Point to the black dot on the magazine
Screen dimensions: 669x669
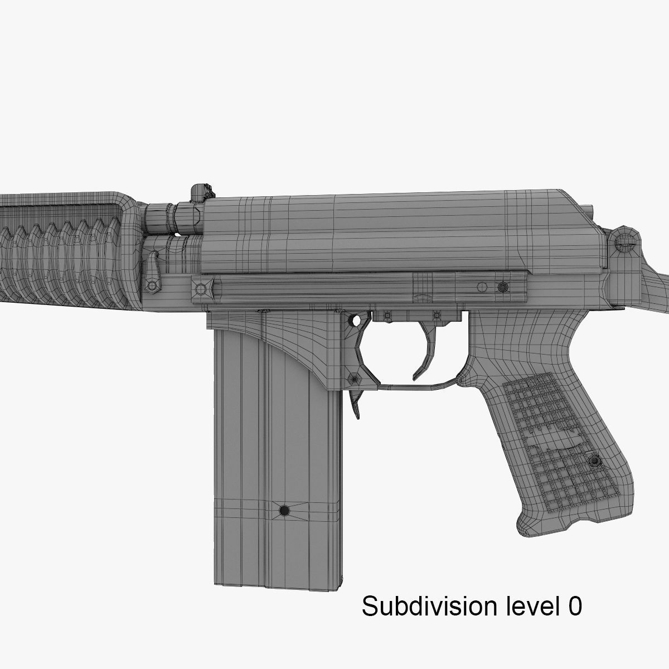click(284, 510)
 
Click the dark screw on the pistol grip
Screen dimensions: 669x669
click(595, 462)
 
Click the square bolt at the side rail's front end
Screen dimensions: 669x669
click(201, 289)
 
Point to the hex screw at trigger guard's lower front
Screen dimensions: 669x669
click(353, 379)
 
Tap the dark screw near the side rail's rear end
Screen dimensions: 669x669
click(503, 287)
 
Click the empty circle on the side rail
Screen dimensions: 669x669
click(482, 287)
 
